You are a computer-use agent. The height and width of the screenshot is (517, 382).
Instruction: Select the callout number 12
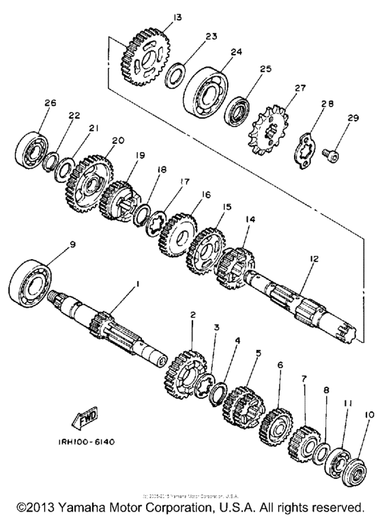[314, 258]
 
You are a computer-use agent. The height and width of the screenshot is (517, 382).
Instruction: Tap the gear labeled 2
[185, 371]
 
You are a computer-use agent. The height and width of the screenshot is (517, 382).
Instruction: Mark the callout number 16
[207, 194]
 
